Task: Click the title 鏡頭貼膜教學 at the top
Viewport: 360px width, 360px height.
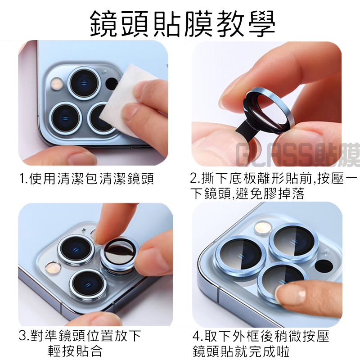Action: click(x=183, y=24)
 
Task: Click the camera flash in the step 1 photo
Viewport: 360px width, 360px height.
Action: click(x=57, y=84)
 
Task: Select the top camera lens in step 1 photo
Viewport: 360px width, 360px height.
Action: click(x=84, y=83)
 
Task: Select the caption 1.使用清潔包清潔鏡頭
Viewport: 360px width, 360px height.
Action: click(x=86, y=179)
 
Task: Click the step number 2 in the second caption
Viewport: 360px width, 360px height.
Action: click(x=193, y=178)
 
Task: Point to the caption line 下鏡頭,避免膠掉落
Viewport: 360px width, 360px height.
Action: click(x=247, y=193)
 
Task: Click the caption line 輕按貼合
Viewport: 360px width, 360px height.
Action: click(x=75, y=351)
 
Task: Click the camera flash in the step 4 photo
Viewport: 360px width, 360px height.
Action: click(x=263, y=227)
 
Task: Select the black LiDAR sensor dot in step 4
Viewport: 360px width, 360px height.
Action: click(x=324, y=265)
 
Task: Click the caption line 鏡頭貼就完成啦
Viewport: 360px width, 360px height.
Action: click(x=241, y=351)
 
